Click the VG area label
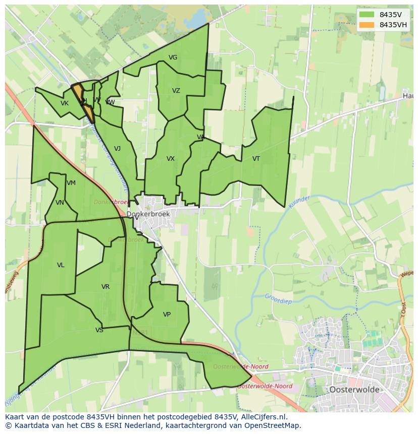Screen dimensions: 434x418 [x=173, y=57]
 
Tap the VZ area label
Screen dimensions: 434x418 [x=176, y=91]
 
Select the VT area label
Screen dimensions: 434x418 [x=256, y=159]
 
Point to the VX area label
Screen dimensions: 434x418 [x=171, y=159]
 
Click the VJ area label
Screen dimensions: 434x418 [x=117, y=149]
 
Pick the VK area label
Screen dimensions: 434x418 [x=64, y=103]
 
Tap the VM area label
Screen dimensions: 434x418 [x=71, y=183]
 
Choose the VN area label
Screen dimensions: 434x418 [x=60, y=203]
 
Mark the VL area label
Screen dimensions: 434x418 [x=61, y=265]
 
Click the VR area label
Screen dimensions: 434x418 [x=105, y=287]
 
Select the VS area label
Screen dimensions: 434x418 [x=99, y=330]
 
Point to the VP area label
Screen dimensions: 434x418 [x=167, y=315]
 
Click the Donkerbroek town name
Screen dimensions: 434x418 [x=148, y=214]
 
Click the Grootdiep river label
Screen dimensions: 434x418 [x=279, y=299]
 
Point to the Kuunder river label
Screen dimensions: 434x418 [x=299, y=200]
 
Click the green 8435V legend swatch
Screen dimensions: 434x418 [x=367, y=15]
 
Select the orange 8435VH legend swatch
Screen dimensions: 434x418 [x=367, y=25]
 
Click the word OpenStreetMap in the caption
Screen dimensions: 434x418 [x=271, y=425]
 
